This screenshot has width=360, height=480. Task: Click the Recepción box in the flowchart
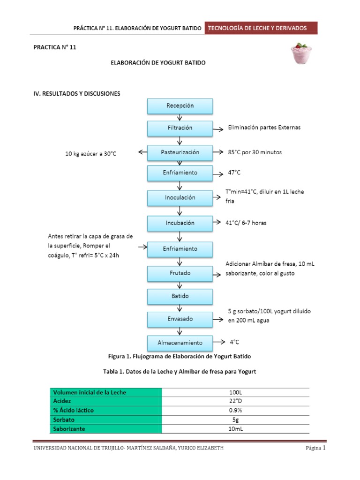[x=180, y=106]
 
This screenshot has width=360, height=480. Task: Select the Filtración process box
[x=180, y=128]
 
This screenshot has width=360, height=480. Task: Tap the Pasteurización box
[x=180, y=152]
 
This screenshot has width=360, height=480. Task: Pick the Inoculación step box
[x=180, y=198]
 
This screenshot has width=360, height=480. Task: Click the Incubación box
[x=180, y=223]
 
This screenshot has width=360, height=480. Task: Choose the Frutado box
[x=180, y=274]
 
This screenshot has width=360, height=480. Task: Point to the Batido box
[x=180, y=296]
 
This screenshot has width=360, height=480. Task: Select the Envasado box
[x=180, y=320]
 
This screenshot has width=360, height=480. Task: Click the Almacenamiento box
[x=180, y=343]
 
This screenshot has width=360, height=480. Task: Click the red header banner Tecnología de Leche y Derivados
[x=261, y=28]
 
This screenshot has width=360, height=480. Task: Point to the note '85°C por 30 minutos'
[x=255, y=152]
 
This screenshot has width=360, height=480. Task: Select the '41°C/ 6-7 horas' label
[x=246, y=223]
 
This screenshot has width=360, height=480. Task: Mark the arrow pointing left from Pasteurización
[x=142, y=152]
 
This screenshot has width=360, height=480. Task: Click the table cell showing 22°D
[x=236, y=401]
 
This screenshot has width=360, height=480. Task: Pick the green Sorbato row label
[x=105, y=420]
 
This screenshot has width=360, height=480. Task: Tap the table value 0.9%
[x=236, y=410]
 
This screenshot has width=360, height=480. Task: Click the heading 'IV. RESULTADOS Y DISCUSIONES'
[x=76, y=94]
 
